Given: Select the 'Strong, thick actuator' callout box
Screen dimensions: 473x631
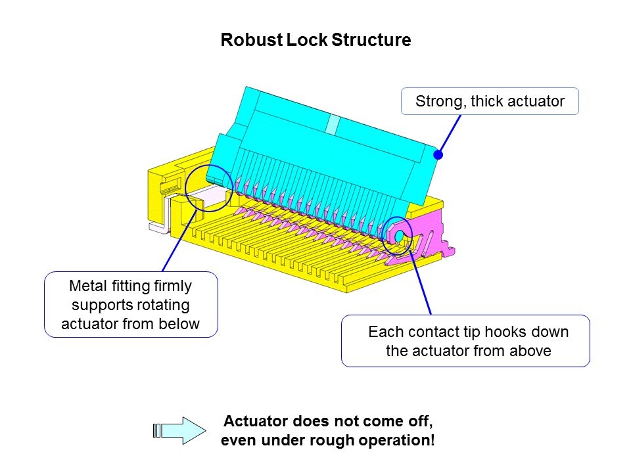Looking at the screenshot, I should (490, 102).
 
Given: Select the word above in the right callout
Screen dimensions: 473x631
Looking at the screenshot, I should (532, 351).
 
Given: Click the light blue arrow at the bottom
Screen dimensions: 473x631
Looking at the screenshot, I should (175, 430).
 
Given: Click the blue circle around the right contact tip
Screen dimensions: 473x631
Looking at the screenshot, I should (398, 235).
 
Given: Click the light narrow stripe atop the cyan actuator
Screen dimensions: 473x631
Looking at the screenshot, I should (334, 124).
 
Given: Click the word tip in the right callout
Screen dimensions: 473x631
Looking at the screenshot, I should (461, 332).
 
